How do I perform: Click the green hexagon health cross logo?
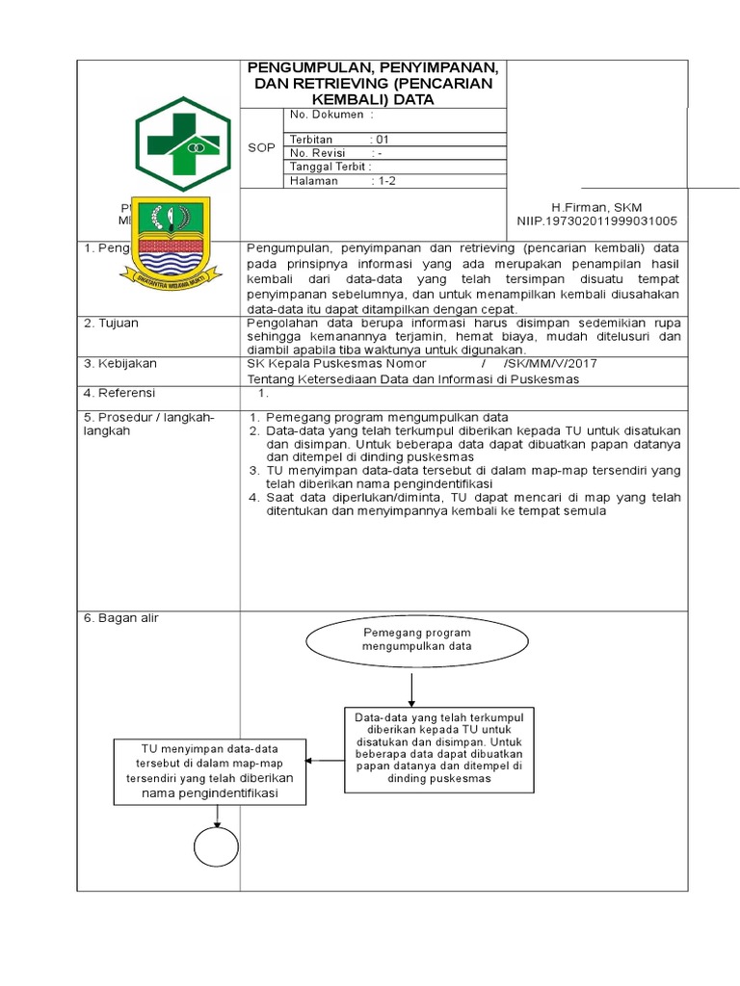click(183, 143)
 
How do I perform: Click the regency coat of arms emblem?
click(170, 242)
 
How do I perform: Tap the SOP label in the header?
click(261, 147)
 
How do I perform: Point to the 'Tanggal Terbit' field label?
click(330, 167)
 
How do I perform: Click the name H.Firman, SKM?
click(595, 207)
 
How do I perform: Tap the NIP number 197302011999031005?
click(596, 221)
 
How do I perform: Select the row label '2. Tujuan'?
click(112, 324)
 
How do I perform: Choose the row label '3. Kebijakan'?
click(119, 364)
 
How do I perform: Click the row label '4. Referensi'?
click(119, 393)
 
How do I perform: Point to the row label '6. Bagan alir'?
click(121, 618)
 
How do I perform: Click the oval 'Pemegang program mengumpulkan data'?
click(416, 640)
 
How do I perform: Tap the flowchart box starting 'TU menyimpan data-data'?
click(209, 771)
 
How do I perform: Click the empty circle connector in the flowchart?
click(217, 848)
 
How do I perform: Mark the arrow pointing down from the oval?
click(411, 689)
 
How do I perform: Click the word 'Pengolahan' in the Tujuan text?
click(278, 324)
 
